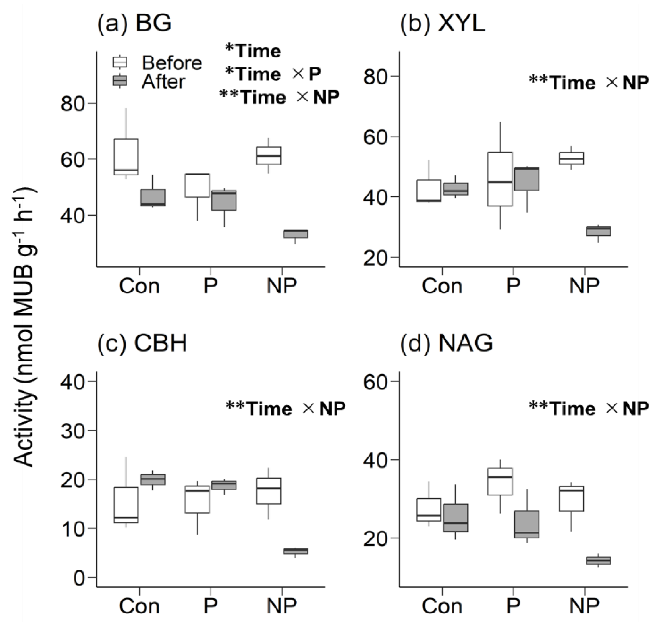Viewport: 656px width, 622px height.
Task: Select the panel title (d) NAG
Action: point(446,343)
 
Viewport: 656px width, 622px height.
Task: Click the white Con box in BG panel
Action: point(126,156)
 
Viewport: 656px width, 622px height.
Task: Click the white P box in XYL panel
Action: point(500,179)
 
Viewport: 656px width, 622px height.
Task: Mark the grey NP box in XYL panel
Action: point(598,231)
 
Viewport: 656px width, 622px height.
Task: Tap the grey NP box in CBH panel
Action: point(295,551)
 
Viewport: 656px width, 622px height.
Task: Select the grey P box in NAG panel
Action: point(527,524)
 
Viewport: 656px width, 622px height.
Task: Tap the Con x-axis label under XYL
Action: point(442,286)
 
